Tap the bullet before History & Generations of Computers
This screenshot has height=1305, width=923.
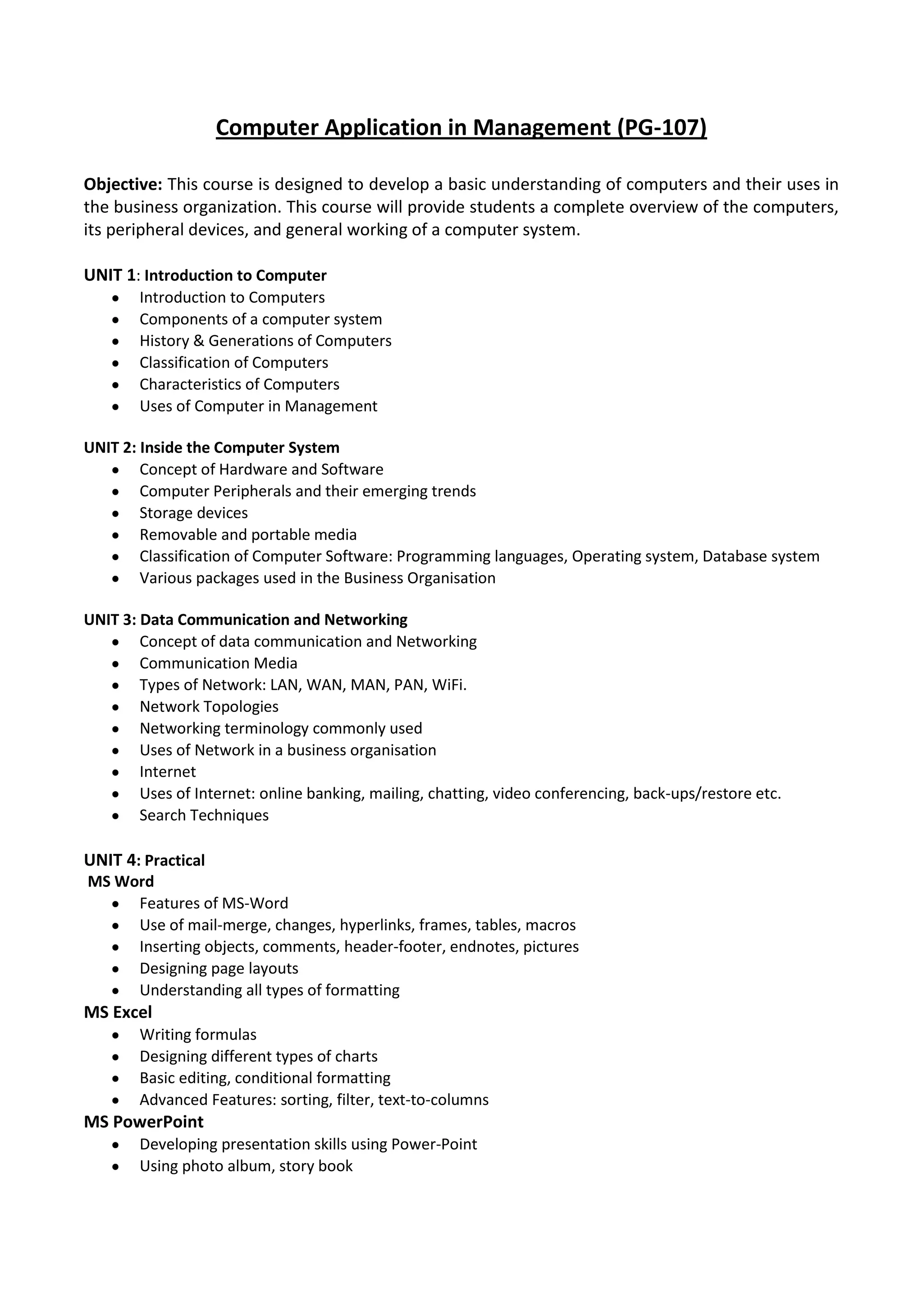(115, 342)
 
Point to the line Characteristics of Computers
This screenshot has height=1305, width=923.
(239, 385)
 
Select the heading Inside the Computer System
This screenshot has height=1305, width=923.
(239, 448)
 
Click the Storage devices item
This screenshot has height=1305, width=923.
(194, 513)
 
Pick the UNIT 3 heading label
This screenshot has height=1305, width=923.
(109, 620)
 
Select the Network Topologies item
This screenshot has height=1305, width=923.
(209, 707)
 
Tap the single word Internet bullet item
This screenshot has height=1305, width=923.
(168, 772)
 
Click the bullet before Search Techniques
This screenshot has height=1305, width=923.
(115, 816)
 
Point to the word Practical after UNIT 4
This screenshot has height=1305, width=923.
(174, 861)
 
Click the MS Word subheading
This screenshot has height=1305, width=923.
(120, 881)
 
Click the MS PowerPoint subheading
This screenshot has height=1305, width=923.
(143, 1122)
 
